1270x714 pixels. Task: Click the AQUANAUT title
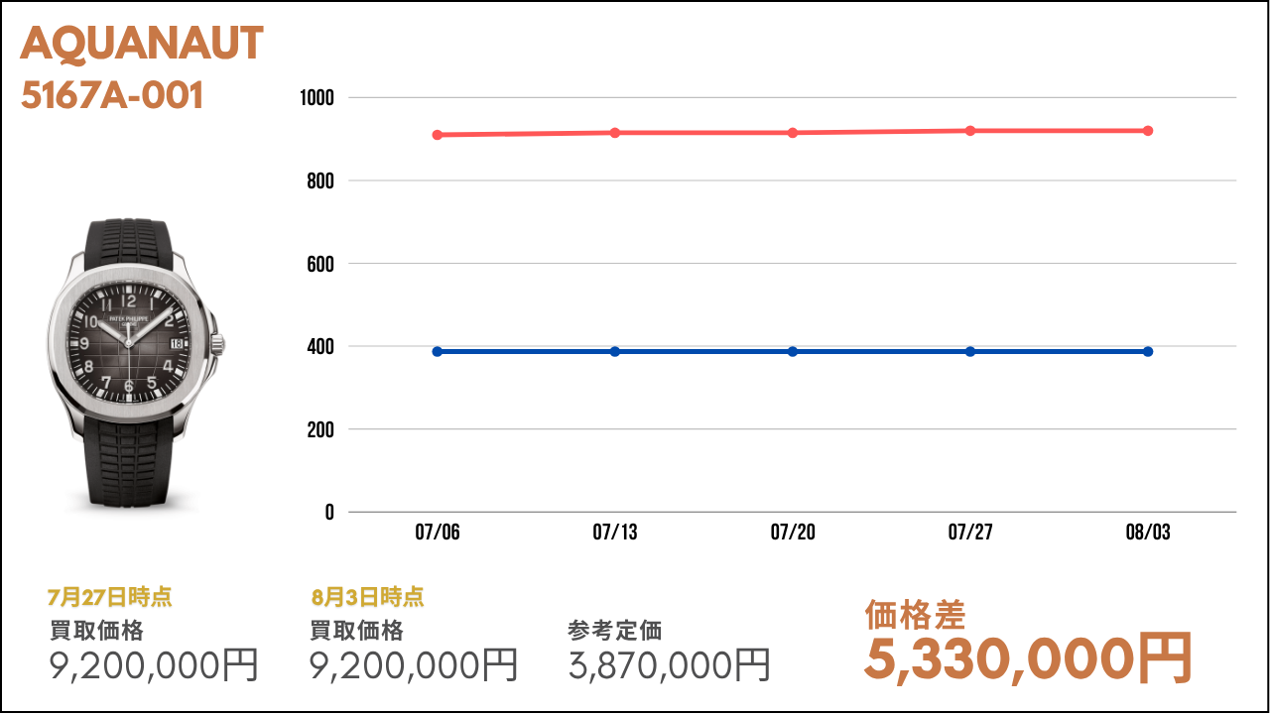pos(142,44)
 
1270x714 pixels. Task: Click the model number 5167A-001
pos(112,95)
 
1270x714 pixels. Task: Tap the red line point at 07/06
pos(438,135)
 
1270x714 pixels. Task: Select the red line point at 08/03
pos(1148,131)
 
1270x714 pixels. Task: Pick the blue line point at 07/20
pos(793,352)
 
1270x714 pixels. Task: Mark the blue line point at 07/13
pos(615,352)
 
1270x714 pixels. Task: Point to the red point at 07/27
pos(970,131)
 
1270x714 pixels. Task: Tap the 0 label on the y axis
pos(329,513)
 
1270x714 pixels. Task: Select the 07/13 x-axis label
pos(615,534)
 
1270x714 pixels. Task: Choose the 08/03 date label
pos(1148,534)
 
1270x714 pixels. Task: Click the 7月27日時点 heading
pos(109,597)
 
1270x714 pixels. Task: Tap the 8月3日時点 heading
pos(367,597)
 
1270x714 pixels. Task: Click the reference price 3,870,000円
pos(670,664)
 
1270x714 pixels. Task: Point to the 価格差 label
pos(915,615)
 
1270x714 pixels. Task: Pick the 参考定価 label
pos(615,631)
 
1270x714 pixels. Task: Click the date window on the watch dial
pos(178,342)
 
